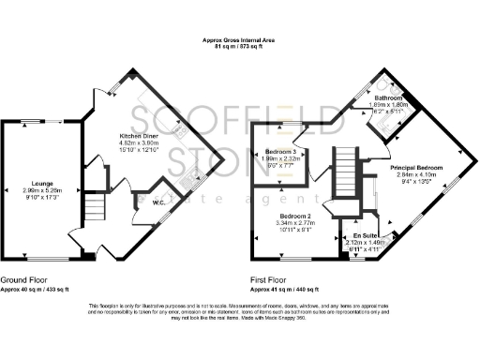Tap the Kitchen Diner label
136,135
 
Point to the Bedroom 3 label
282,152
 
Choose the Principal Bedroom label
415,167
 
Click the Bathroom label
388,97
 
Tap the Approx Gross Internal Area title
240,40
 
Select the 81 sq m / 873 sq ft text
240,47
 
